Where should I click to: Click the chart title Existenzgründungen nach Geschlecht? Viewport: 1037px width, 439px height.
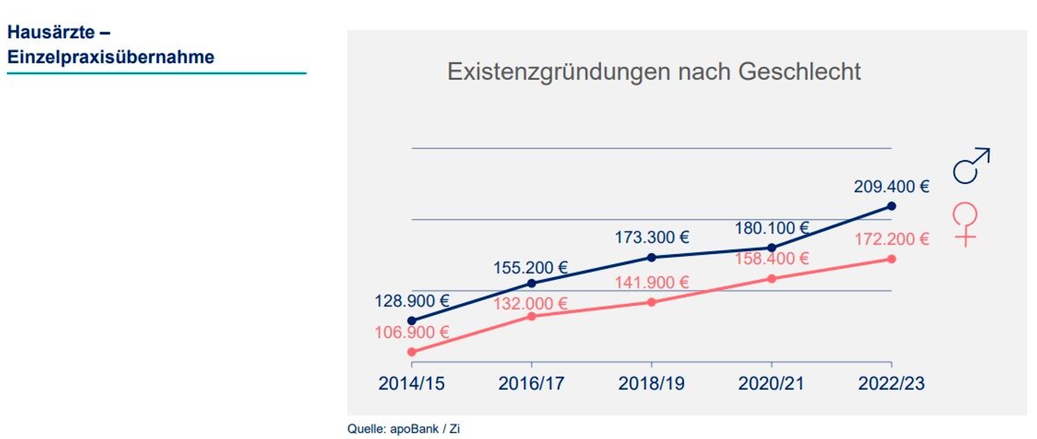[653, 72]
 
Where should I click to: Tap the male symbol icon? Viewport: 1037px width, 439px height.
[970, 166]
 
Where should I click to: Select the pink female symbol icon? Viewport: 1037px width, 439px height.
[964, 224]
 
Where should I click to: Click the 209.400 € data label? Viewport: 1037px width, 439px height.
[891, 187]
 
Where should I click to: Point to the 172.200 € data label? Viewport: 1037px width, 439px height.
[891, 239]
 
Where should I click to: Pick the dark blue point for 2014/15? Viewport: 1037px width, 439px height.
[412, 321]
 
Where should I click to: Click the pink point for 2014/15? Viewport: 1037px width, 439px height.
[412, 352]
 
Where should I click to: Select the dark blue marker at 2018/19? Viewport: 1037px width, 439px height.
[651, 257]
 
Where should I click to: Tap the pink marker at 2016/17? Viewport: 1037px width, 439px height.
[532, 316]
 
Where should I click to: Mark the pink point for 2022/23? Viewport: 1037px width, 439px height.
[891, 259]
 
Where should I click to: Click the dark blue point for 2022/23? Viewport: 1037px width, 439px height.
[891, 206]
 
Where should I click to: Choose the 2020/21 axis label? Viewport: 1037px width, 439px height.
[771, 383]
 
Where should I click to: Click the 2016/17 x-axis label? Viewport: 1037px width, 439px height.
[531, 383]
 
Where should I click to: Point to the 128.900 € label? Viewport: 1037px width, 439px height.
[412, 301]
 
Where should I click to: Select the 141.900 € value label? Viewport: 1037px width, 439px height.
[652, 282]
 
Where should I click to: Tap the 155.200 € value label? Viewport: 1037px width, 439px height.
[531, 268]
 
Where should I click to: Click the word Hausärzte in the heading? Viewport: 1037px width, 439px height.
[51, 32]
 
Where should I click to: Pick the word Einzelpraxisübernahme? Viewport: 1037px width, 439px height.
[111, 57]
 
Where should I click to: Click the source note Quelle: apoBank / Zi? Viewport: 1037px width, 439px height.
[403, 429]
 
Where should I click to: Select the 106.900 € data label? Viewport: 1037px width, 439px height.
[412, 332]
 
